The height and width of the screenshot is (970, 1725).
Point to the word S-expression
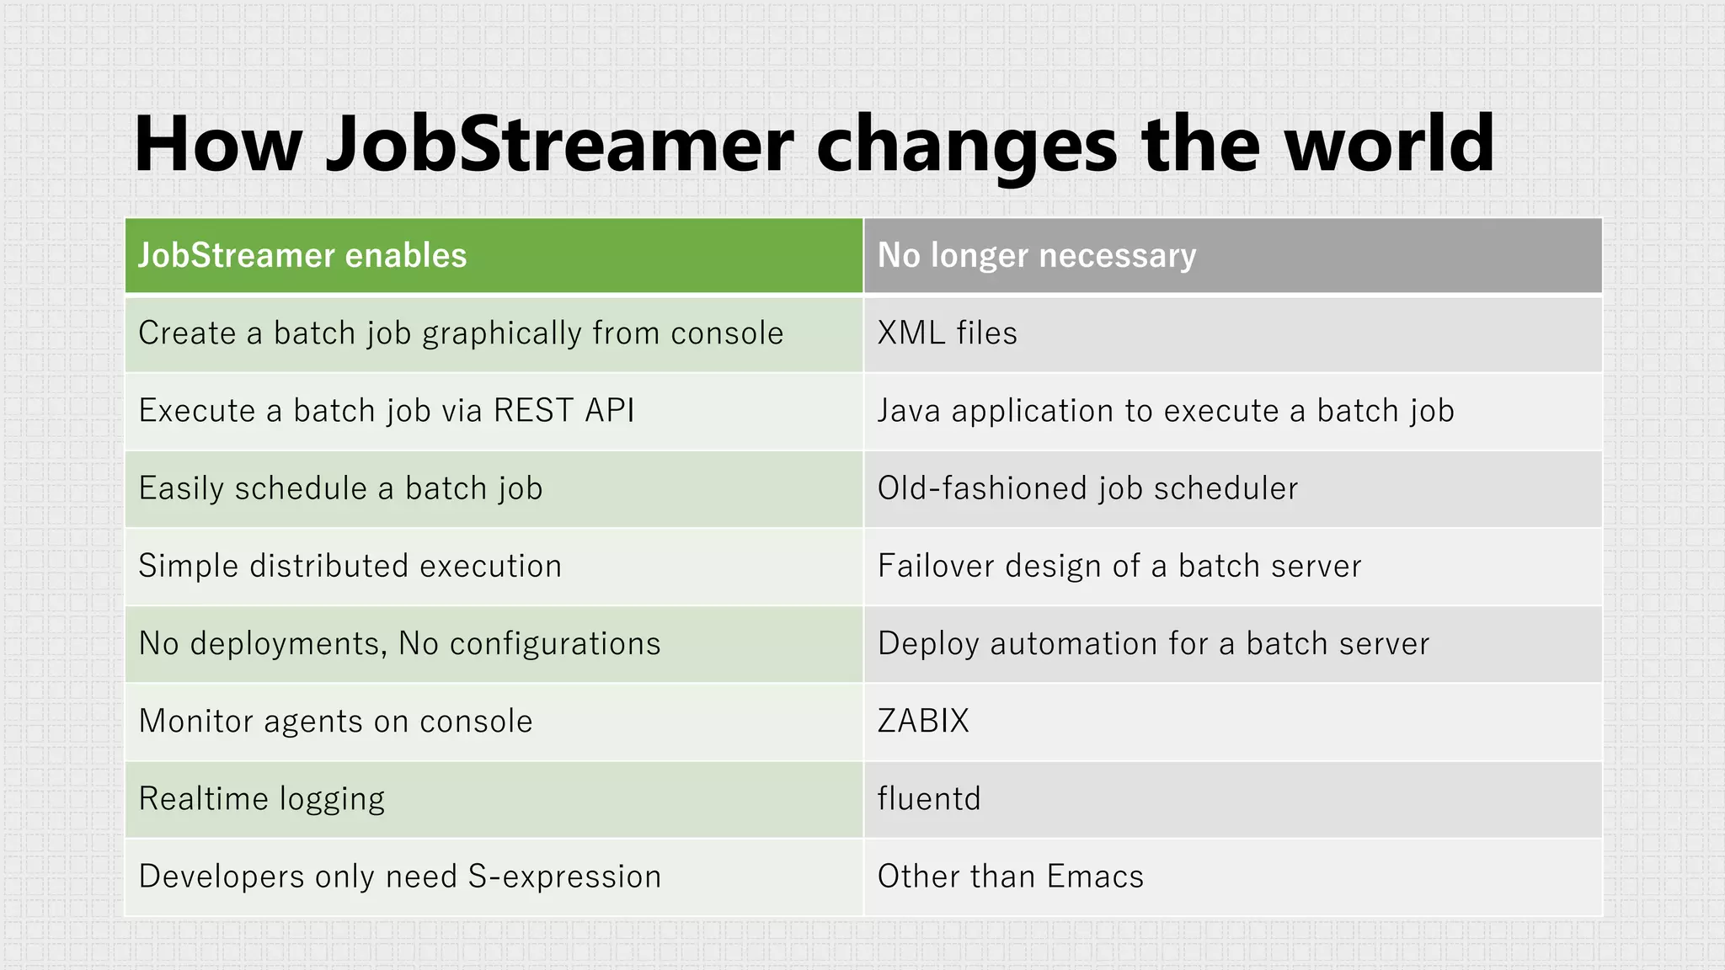(564, 877)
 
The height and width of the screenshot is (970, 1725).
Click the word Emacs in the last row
(1095, 877)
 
